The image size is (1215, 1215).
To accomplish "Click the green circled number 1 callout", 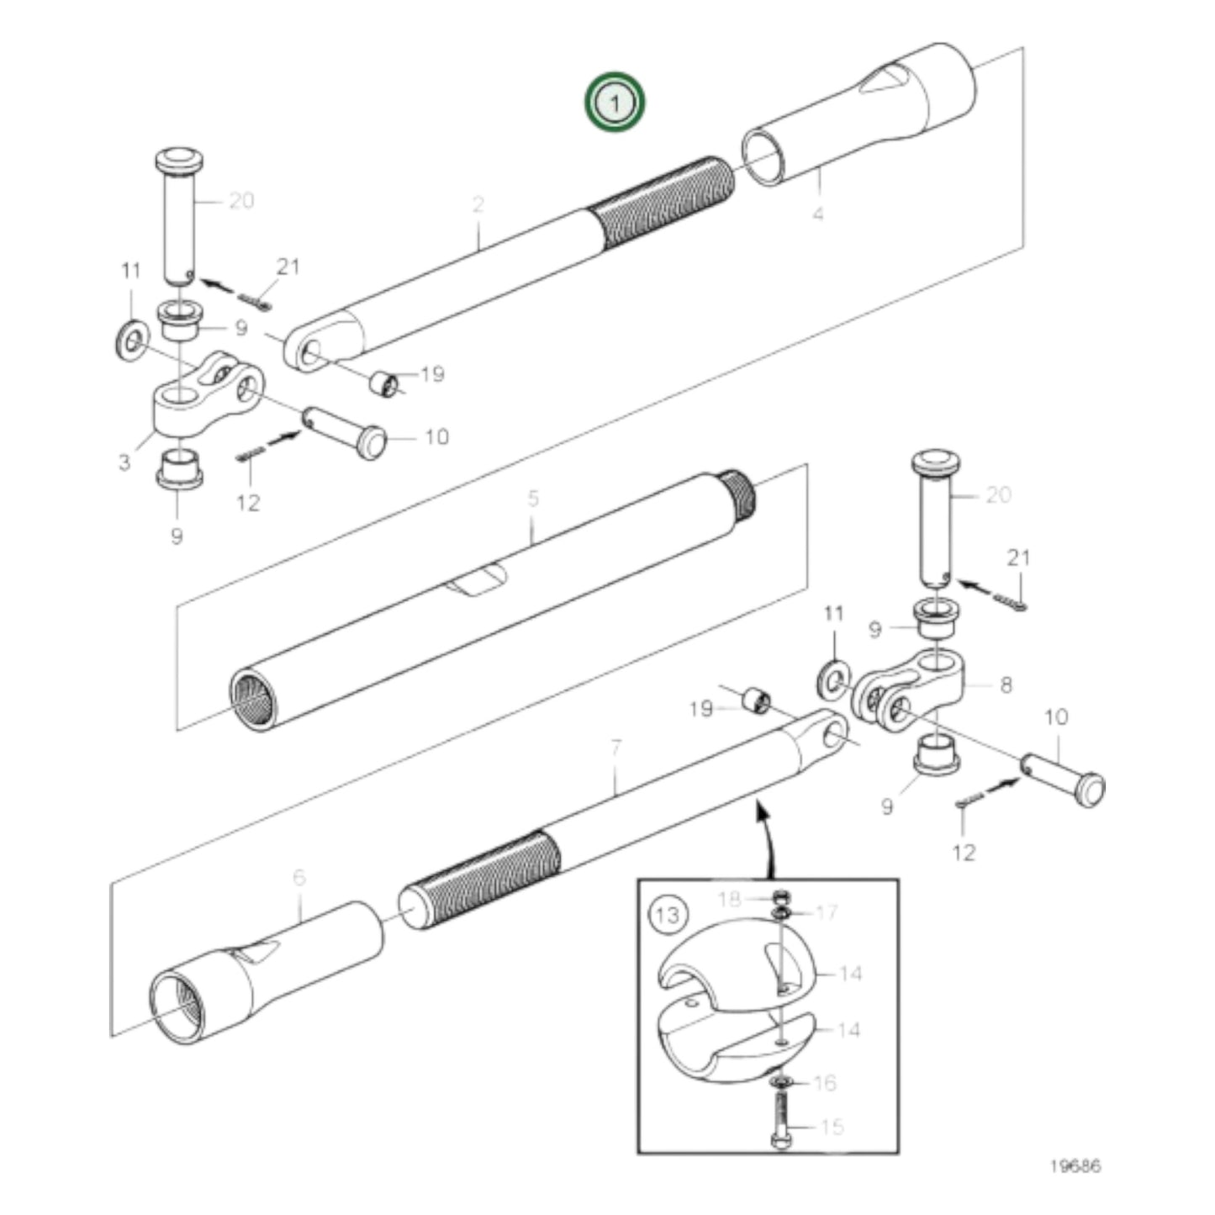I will pyautogui.click(x=615, y=103).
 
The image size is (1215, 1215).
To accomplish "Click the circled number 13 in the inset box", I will pyautogui.click(x=667, y=914).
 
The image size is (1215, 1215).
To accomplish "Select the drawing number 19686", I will pyautogui.click(x=1074, y=1166).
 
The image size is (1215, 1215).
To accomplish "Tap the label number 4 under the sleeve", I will pyautogui.click(x=818, y=214).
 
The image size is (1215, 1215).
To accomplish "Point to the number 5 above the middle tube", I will pyautogui.click(x=533, y=499).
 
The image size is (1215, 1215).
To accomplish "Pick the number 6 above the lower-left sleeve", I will pyautogui.click(x=299, y=877).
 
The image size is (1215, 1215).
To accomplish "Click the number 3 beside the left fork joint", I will pyautogui.click(x=124, y=462).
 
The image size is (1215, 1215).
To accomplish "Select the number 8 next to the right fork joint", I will pyautogui.click(x=1006, y=684).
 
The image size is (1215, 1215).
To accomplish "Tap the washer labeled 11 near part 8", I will pyautogui.click(x=833, y=679).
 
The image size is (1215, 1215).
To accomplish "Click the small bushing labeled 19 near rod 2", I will pyautogui.click(x=384, y=384).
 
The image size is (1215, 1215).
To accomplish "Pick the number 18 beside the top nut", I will pyautogui.click(x=728, y=899).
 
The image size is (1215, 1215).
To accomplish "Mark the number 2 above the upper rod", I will pyautogui.click(x=478, y=203).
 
